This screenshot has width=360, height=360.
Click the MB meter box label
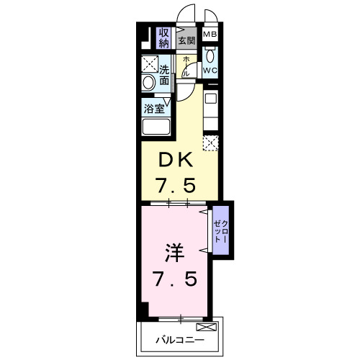tap(211, 35)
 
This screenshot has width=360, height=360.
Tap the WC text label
tap(211, 71)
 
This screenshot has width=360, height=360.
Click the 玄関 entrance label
tap(187, 41)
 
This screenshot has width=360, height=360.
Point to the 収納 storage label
tap(164, 37)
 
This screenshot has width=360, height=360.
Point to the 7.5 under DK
tap(176, 184)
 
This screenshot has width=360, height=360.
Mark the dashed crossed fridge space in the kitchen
tap(210, 143)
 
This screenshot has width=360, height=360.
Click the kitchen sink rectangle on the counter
tap(211, 99)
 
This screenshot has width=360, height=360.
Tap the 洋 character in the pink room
tap(176, 253)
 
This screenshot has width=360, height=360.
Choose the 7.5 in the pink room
tap(176, 277)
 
